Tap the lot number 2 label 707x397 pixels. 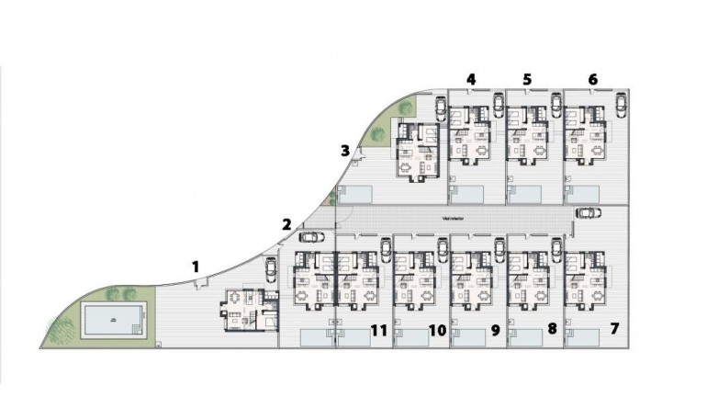[x=286, y=223]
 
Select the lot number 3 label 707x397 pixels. [x=344, y=151]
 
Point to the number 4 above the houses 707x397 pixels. [x=471, y=80]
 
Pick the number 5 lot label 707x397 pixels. [x=527, y=80]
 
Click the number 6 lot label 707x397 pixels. [x=592, y=80]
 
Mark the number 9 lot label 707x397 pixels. [x=495, y=328]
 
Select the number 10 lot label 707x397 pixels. [x=437, y=328]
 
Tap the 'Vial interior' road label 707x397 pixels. [x=453, y=218]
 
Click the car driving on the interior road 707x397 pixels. [x=589, y=213]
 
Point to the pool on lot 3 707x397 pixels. [x=355, y=194]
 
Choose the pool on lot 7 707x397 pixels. [x=588, y=339]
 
